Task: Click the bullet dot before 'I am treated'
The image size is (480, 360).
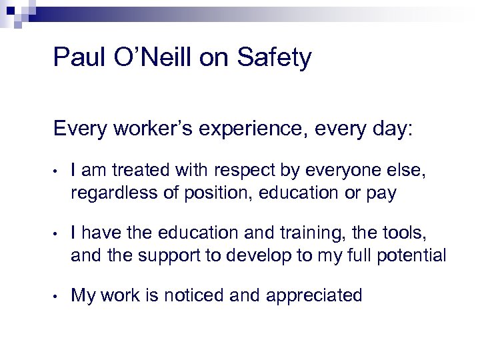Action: click(58, 173)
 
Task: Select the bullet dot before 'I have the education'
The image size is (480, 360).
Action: click(58, 234)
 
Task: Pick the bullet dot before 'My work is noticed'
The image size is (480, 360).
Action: click(58, 295)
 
